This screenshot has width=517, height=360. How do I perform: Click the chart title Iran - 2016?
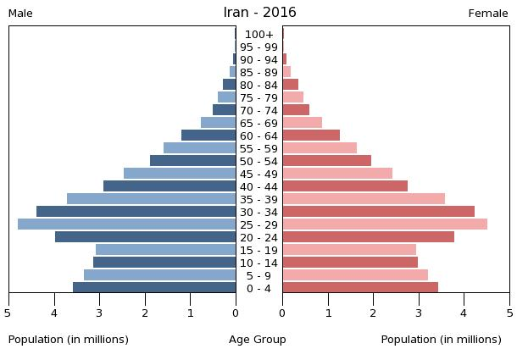(x=259, y=13)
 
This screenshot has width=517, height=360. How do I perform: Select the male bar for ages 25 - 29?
(x=127, y=224)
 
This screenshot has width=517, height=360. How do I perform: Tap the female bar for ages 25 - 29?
(x=385, y=224)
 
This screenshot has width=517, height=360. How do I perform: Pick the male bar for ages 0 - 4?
(x=154, y=288)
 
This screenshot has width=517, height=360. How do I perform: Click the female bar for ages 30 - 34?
(x=378, y=212)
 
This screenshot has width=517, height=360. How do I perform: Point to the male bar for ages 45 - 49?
(x=180, y=174)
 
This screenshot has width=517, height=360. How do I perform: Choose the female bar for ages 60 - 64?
(x=311, y=136)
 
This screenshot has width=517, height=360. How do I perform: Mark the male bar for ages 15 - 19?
(x=166, y=250)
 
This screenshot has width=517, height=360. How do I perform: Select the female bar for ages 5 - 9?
(x=355, y=275)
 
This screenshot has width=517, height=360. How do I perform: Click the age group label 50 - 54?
(x=258, y=161)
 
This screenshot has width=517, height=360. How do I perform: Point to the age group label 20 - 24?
(x=258, y=237)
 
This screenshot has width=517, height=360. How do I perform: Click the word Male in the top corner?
(x=20, y=14)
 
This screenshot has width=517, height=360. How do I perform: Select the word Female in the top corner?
(x=488, y=14)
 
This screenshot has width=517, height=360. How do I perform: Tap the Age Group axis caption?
(x=258, y=340)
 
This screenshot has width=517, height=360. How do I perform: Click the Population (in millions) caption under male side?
(x=69, y=340)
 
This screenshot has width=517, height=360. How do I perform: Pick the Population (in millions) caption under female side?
(x=441, y=340)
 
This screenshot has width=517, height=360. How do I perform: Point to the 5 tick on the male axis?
(x=8, y=313)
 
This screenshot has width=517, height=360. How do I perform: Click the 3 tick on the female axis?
(x=419, y=313)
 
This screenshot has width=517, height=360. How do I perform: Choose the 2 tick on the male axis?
(x=145, y=313)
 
